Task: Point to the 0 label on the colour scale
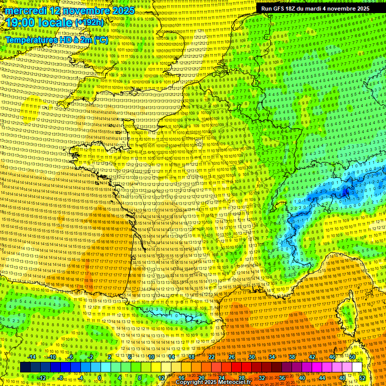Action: click(100, 377)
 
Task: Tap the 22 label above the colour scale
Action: click(212, 357)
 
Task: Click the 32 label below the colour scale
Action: click(262, 377)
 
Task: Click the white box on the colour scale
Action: click(357, 367)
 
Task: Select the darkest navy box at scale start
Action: click(25, 367)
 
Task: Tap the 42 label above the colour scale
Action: click(312, 357)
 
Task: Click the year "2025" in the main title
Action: click(123, 11)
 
